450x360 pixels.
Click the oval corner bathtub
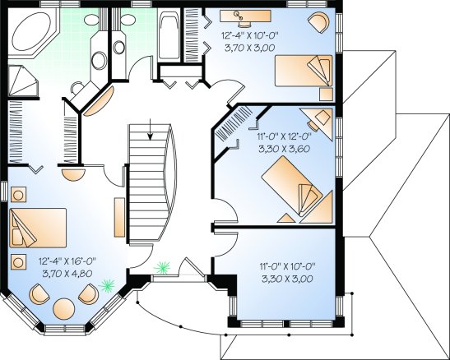[x=31, y=31]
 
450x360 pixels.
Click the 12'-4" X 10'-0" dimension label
[x=250, y=35]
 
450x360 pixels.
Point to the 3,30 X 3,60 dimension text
[x=284, y=149]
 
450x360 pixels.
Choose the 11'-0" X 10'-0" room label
[x=288, y=266]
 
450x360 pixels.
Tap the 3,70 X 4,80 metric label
[x=67, y=274]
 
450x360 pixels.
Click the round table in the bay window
[x=64, y=309]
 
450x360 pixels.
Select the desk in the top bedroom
[x=245, y=16]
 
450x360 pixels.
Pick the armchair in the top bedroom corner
[x=318, y=21]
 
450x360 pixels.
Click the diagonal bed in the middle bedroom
[x=293, y=186]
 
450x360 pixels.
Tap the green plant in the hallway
[x=162, y=267]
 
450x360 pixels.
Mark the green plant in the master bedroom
[x=107, y=285]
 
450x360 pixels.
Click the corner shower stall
[x=22, y=81]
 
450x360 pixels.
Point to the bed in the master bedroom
[x=38, y=228]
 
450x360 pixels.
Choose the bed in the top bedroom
[x=304, y=71]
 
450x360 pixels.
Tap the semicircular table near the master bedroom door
[x=74, y=175]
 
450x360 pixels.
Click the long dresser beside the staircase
[x=119, y=217]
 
